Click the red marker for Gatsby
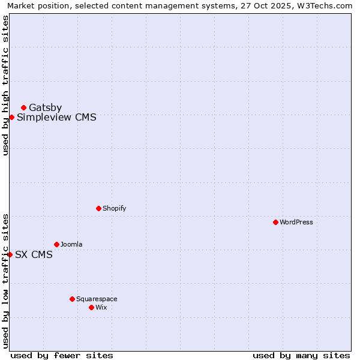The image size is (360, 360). [x=23, y=107]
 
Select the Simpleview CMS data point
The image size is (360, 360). [x=11, y=117]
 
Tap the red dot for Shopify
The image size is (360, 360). [x=98, y=208]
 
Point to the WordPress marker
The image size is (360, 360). [x=275, y=222]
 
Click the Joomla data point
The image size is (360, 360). [x=56, y=244]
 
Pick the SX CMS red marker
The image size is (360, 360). [x=10, y=254]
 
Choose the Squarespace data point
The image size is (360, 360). [x=72, y=299]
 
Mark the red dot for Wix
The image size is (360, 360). [x=91, y=307]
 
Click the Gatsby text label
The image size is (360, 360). [x=45, y=108]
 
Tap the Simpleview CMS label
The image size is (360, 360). [x=56, y=118]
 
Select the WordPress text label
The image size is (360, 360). [x=296, y=222]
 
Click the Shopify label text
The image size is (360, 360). [x=114, y=208]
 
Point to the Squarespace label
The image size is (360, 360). [x=97, y=299]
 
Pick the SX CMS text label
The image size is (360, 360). [x=34, y=254]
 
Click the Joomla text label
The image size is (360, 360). [x=71, y=244]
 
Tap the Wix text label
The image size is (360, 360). [x=101, y=307]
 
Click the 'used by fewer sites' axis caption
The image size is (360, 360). [x=62, y=355]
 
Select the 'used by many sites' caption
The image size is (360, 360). [x=301, y=355]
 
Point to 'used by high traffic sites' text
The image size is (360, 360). [x=5, y=85]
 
